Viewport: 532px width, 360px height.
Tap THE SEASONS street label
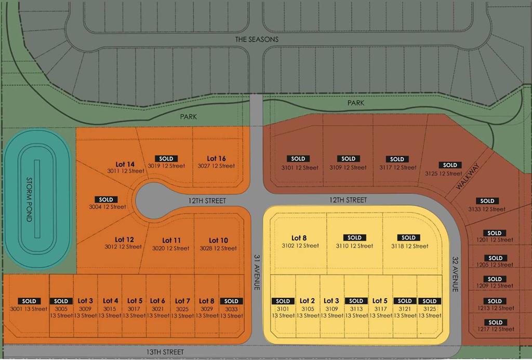click(x=257, y=39)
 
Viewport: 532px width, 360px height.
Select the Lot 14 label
click(x=125, y=164)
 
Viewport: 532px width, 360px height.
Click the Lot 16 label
click(x=216, y=158)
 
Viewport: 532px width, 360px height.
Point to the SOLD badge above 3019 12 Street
click(x=166, y=158)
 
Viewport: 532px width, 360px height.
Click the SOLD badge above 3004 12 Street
click(x=106, y=199)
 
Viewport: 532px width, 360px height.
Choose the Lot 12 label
click(x=123, y=240)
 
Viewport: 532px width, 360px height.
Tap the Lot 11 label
click(x=171, y=241)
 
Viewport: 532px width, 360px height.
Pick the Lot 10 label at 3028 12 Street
click(x=218, y=241)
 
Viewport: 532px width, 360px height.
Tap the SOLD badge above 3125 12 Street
click(x=450, y=165)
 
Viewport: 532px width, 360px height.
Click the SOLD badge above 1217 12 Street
click(x=496, y=322)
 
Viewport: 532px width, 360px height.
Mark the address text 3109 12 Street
click(x=348, y=167)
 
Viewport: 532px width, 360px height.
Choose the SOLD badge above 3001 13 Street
click(x=29, y=301)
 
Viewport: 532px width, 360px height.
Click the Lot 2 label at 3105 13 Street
click(x=307, y=301)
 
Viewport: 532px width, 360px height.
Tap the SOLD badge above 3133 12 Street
click(x=487, y=201)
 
